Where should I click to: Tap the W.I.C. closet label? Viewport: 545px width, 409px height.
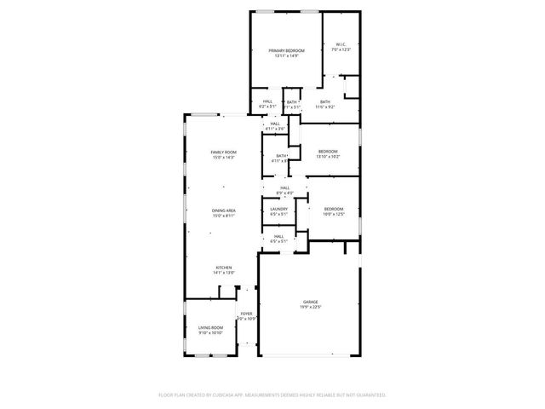(x=340, y=45)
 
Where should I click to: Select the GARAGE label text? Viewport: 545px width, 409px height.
(x=310, y=302)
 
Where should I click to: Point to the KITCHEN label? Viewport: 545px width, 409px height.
(x=223, y=267)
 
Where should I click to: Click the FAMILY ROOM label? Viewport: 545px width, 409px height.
(x=223, y=152)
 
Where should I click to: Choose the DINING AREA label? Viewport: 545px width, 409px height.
(x=223, y=210)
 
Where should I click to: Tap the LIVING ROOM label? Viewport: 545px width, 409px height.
(x=210, y=327)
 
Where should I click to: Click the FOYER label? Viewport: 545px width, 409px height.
(x=246, y=314)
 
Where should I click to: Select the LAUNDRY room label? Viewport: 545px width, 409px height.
(x=278, y=210)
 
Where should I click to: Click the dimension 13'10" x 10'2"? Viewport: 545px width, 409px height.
(x=328, y=157)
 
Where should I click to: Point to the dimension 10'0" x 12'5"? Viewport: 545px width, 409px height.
(x=333, y=215)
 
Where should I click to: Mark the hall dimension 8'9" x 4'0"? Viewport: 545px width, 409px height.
(x=284, y=193)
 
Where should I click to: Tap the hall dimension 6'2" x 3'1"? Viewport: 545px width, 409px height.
(x=267, y=107)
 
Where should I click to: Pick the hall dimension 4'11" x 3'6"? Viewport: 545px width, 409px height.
(x=275, y=129)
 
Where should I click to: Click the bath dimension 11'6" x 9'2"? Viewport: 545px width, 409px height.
(x=325, y=107)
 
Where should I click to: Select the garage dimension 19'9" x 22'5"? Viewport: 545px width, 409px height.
(x=310, y=307)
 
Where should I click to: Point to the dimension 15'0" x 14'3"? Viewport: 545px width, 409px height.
(x=223, y=158)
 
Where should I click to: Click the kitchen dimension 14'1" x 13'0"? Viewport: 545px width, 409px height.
(x=223, y=273)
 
